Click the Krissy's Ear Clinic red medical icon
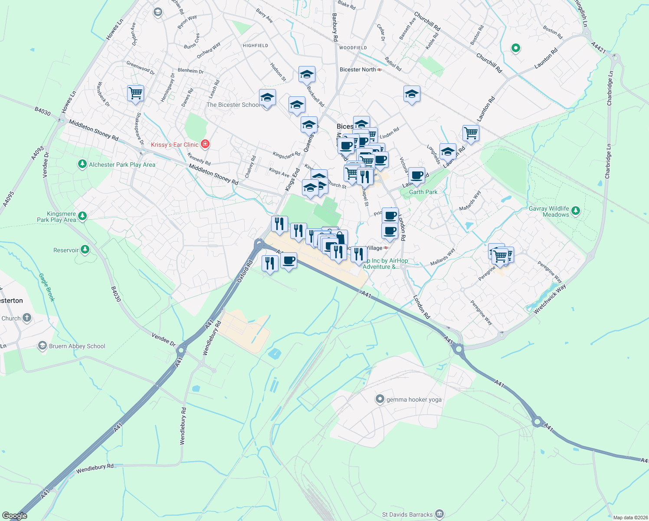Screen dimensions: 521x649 205,144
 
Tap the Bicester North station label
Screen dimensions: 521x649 358,69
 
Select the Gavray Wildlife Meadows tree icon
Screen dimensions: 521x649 576,211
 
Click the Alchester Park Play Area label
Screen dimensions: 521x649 122,165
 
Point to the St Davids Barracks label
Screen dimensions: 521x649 407,514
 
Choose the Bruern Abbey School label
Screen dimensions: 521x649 77,346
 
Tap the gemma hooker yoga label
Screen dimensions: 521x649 414,399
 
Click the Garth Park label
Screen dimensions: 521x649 423,192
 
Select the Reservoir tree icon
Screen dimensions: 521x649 85,249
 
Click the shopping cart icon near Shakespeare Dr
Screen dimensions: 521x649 136,92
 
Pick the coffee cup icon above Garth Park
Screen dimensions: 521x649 416,175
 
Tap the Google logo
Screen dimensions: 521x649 15,516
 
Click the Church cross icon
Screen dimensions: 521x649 27,318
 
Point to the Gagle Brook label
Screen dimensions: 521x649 47,287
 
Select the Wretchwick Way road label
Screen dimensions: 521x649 550,299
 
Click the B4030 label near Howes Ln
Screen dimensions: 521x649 43,112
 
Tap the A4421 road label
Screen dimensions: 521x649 598,48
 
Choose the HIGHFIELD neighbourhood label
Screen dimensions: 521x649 256,46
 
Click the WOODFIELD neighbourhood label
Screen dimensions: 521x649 353,48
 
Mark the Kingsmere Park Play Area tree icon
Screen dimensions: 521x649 82,216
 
